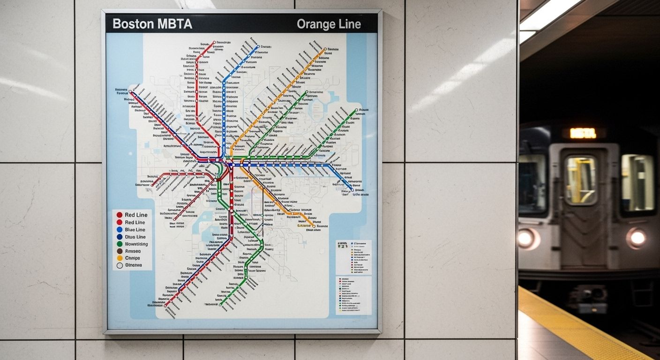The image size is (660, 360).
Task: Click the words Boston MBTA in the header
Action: tap(152, 24)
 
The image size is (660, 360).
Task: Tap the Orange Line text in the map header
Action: tap(329, 25)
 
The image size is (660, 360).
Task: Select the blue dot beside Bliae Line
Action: tap(120, 230)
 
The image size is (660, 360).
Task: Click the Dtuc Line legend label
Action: tap(135, 237)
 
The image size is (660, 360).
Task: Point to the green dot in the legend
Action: tap(120, 244)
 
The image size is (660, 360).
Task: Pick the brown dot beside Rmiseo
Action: tap(120, 251)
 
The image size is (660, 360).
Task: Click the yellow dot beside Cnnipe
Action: tap(120, 258)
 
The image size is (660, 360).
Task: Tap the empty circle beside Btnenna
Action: tap(120, 265)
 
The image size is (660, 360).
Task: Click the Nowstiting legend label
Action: tap(136, 244)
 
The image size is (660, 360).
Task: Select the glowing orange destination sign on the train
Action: tap(583, 134)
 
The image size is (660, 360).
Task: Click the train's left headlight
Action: tap(526, 238)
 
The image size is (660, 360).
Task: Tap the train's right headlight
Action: tap(637, 238)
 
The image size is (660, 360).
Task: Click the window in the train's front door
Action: tap(580, 180)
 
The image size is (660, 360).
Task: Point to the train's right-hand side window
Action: tap(637, 183)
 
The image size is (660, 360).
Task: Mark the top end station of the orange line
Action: tap(324, 49)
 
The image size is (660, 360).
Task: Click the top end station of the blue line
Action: tap(257, 46)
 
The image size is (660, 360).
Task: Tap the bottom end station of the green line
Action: tap(220, 305)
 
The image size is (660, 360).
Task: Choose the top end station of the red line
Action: tap(214, 43)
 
